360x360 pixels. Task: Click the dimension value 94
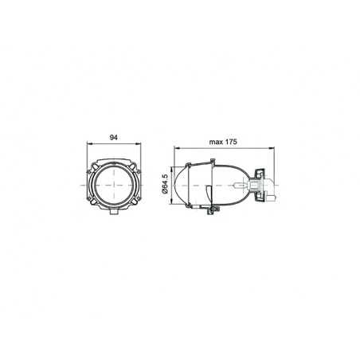[115, 136]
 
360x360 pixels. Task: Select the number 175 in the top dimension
[231, 141]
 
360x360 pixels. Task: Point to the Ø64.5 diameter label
[165, 185]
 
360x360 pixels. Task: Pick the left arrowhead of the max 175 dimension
[178, 148]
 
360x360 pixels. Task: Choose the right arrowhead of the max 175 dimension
[273, 148]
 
